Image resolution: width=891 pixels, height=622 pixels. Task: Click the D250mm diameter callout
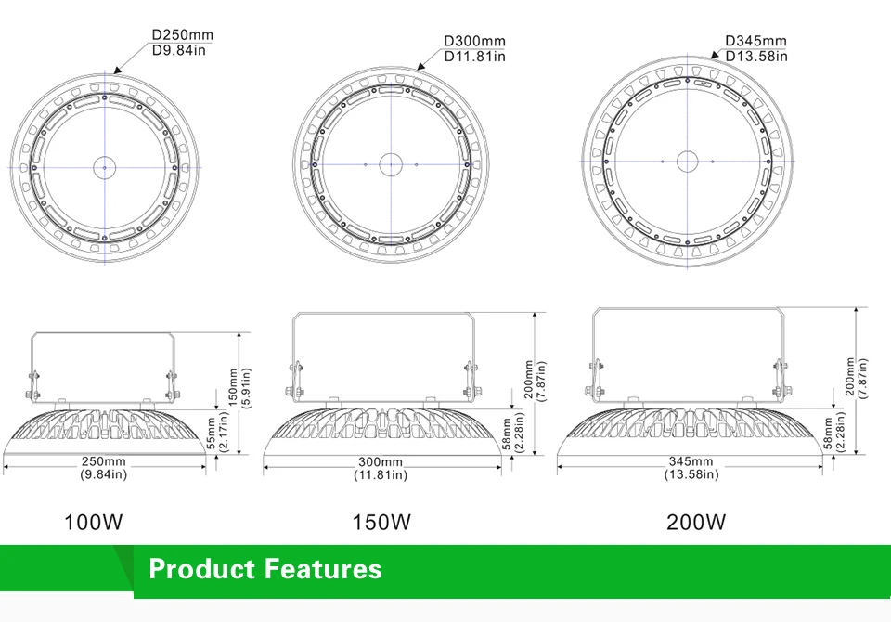pos(183,34)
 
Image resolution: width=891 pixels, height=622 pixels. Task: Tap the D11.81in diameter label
pos(474,57)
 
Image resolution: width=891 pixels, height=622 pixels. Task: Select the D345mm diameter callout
pos(755,40)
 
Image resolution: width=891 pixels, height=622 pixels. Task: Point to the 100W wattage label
pos(93,522)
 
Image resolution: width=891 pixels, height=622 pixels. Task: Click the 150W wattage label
pos(381,522)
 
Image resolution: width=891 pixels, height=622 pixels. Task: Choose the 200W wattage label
pos(696,522)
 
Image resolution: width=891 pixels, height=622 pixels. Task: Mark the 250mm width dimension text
pos(103,461)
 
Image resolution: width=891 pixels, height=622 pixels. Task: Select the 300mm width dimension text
pos(381,461)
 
